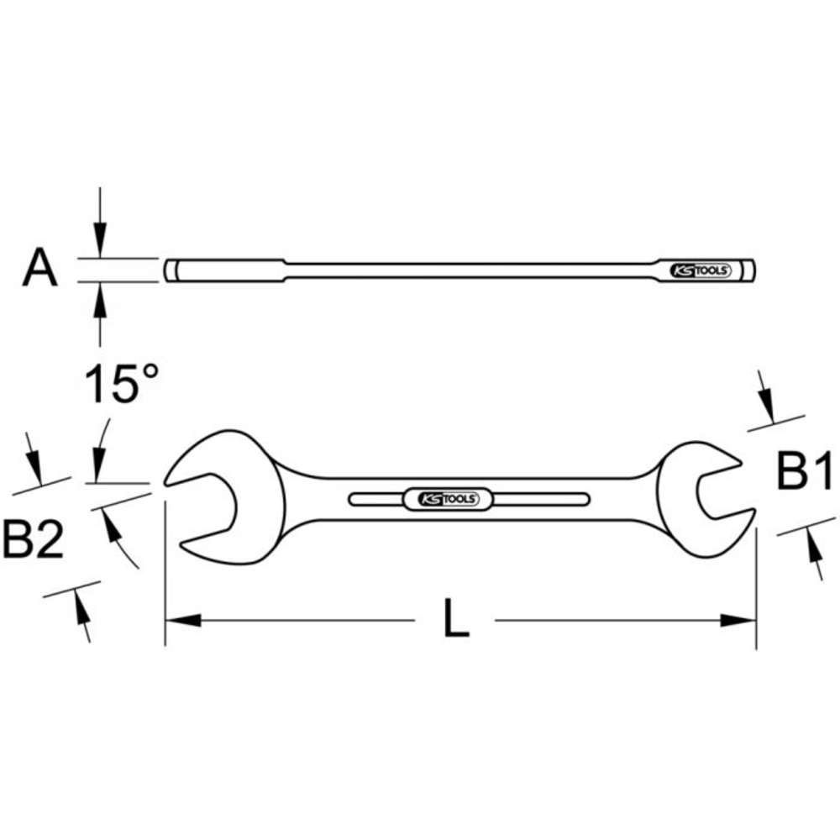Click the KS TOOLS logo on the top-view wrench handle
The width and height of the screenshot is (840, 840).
click(x=449, y=499)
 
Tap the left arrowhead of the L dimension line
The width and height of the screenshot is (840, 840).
click(x=181, y=621)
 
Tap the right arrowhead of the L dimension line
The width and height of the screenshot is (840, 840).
click(x=739, y=621)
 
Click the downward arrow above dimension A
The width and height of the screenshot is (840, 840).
click(x=100, y=239)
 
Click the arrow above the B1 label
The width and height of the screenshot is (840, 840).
click(x=766, y=399)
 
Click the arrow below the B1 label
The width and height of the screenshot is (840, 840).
click(x=815, y=554)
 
